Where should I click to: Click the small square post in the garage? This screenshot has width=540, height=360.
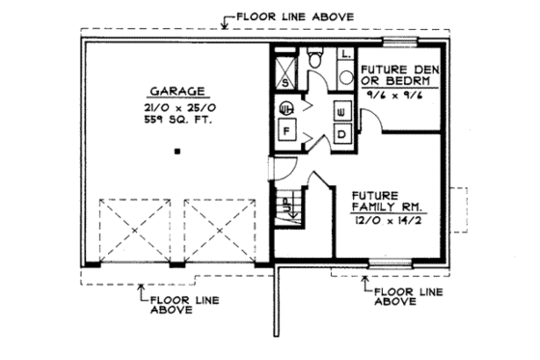176,152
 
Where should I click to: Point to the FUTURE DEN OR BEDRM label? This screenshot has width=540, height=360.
400,77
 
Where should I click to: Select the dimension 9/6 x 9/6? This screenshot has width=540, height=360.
399,97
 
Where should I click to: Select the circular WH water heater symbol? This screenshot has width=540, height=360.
286,109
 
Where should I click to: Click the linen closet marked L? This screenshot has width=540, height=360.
344,57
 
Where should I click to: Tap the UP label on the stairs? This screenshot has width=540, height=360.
287,205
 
